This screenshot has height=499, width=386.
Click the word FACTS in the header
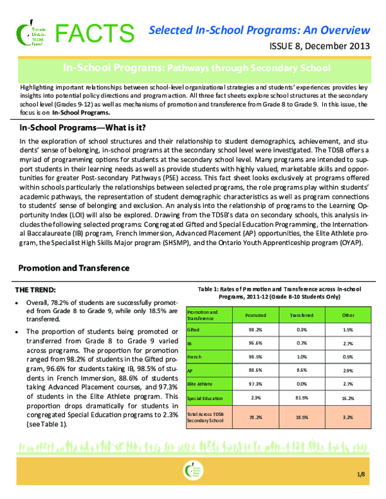[x=93, y=32]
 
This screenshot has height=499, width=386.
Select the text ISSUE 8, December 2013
[x=320, y=47]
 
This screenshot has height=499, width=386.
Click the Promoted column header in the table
[x=257, y=315]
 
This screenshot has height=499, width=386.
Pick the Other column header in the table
[x=349, y=315]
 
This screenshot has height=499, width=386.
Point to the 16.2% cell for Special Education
[x=349, y=399]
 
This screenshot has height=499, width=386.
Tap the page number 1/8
[x=363, y=475]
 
